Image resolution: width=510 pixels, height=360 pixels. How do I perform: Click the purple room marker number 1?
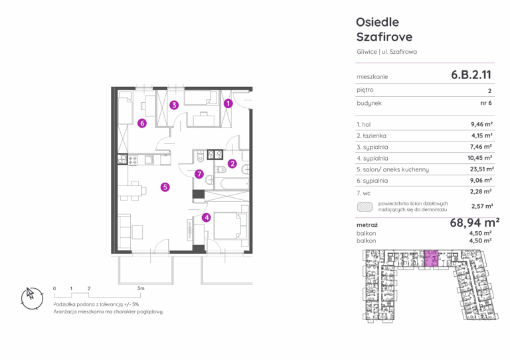click(x=228, y=104)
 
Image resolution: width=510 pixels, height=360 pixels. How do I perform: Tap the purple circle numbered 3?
click(x=175, y=105)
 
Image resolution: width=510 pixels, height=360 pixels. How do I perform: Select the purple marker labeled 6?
click(x=142, y=123)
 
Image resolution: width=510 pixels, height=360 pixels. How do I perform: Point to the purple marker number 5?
click(x=165, y=187)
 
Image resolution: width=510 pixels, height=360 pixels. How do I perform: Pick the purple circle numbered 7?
click(x=199, y=174)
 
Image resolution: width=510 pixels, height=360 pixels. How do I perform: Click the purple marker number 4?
click(x=207, y=218)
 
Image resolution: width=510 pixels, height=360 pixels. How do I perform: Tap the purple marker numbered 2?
click(x=232, y=163)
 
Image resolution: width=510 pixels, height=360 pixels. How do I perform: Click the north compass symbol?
click(x=32, y=298)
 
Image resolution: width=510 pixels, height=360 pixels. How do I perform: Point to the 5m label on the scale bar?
click(x=141, y=288)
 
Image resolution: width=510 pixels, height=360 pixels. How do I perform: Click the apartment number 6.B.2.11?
click(x=471, y=75)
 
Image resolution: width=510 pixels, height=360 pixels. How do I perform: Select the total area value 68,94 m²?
click(x=475, y=223)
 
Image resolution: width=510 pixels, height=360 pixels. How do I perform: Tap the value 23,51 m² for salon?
click(x=481, y=169)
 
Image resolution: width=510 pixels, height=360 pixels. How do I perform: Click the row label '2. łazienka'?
click(x=371, y=135)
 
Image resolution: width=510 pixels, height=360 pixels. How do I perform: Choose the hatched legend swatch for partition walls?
click(x=365, y=207)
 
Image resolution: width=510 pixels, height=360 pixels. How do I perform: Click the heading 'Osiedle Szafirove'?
click(x=384, y=29)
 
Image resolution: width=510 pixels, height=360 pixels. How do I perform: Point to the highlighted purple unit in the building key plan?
click(x=431, y=258)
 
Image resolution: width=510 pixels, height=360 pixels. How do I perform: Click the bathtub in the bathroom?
click(x=234, y=184)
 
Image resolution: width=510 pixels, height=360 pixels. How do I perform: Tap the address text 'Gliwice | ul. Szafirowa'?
click(x=386, y=52)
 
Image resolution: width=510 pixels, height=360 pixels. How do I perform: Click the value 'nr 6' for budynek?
click(x=486, y=103)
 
